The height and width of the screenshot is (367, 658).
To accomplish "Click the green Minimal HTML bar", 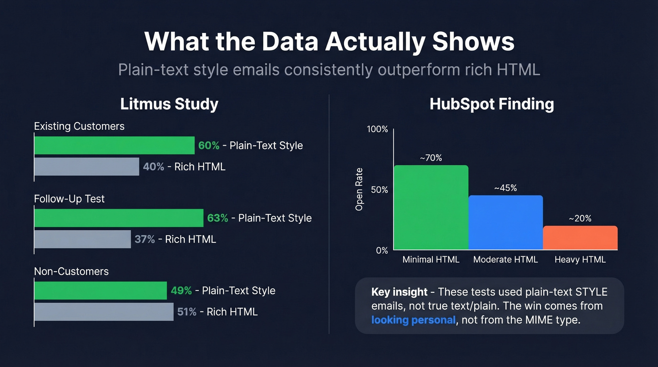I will [431, 207].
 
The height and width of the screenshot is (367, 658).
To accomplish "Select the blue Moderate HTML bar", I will [505, 222].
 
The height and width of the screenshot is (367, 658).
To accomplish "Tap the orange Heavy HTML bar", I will [580, 238].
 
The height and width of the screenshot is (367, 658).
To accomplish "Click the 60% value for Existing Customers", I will [209, 145].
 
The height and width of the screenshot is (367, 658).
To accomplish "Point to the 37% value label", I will [145, 239].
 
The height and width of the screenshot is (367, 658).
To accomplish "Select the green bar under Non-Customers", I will [101, 290].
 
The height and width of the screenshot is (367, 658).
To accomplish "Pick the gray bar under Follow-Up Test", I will [83, 239].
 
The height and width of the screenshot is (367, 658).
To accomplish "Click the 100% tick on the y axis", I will [377, 129].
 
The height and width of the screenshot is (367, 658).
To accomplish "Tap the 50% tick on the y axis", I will [379, 190].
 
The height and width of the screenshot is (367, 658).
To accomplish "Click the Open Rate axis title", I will [360, 189].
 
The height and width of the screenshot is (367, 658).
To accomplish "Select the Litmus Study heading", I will [169, 104].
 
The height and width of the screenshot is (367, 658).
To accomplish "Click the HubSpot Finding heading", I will [492, 104].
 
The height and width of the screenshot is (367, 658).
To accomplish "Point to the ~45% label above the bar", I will [505, 188].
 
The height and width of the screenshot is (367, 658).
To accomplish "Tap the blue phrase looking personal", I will [413, 320].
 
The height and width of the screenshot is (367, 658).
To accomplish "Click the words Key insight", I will [399, 292].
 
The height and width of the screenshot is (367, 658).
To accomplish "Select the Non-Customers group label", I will [71, 271].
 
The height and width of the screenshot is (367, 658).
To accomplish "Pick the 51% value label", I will [187, 312].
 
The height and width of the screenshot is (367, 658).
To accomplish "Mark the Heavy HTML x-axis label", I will [580, 259].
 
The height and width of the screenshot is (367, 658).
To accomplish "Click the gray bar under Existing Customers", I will [87, 166].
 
